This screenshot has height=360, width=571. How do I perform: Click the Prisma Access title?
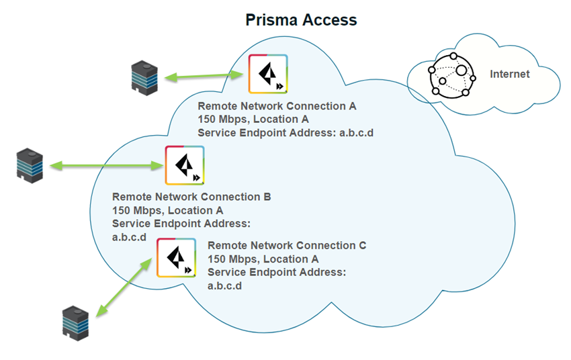[300, 19]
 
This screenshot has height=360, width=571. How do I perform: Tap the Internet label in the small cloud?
[509, 75]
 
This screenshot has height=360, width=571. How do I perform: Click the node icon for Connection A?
[268, 74]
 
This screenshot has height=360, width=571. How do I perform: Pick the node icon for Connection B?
[185, 165]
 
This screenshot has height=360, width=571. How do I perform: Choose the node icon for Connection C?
[176, 257]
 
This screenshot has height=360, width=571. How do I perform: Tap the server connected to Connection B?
[30, 165]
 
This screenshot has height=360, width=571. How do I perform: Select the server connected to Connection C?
[75, 321]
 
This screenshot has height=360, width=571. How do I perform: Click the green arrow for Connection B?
[107, 165]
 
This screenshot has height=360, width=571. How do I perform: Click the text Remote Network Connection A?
[277, 106]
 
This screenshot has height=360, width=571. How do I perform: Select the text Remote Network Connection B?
[191, 197]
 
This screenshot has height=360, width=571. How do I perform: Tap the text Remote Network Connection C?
[287, 246]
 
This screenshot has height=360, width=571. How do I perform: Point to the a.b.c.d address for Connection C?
[224, 285]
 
